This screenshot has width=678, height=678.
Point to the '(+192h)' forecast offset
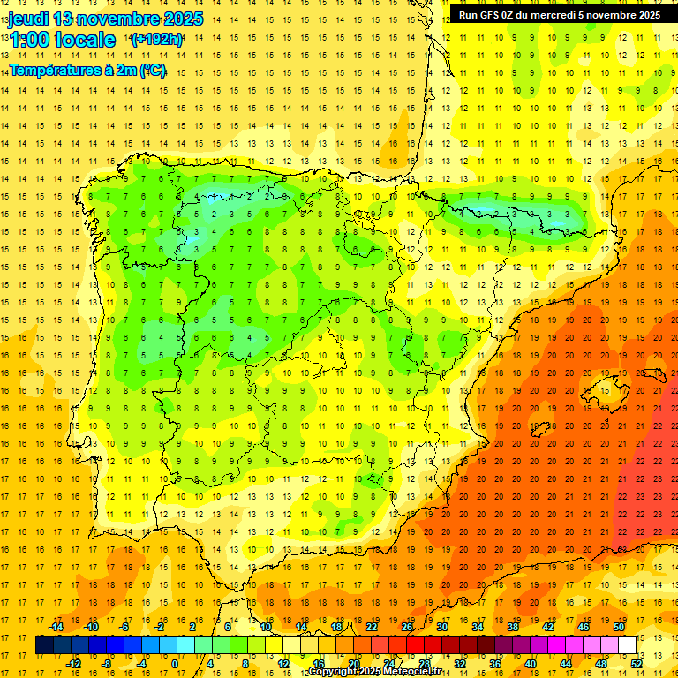[156, 40]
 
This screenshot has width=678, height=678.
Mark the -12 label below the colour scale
[73, 664]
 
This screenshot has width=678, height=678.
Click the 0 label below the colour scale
[175, 664]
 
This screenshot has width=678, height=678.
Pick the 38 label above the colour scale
[512, 627]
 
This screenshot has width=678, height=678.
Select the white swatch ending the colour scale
[627, 645]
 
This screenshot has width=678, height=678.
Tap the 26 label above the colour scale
[407, 627]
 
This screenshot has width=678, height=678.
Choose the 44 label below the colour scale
[566, 664]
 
